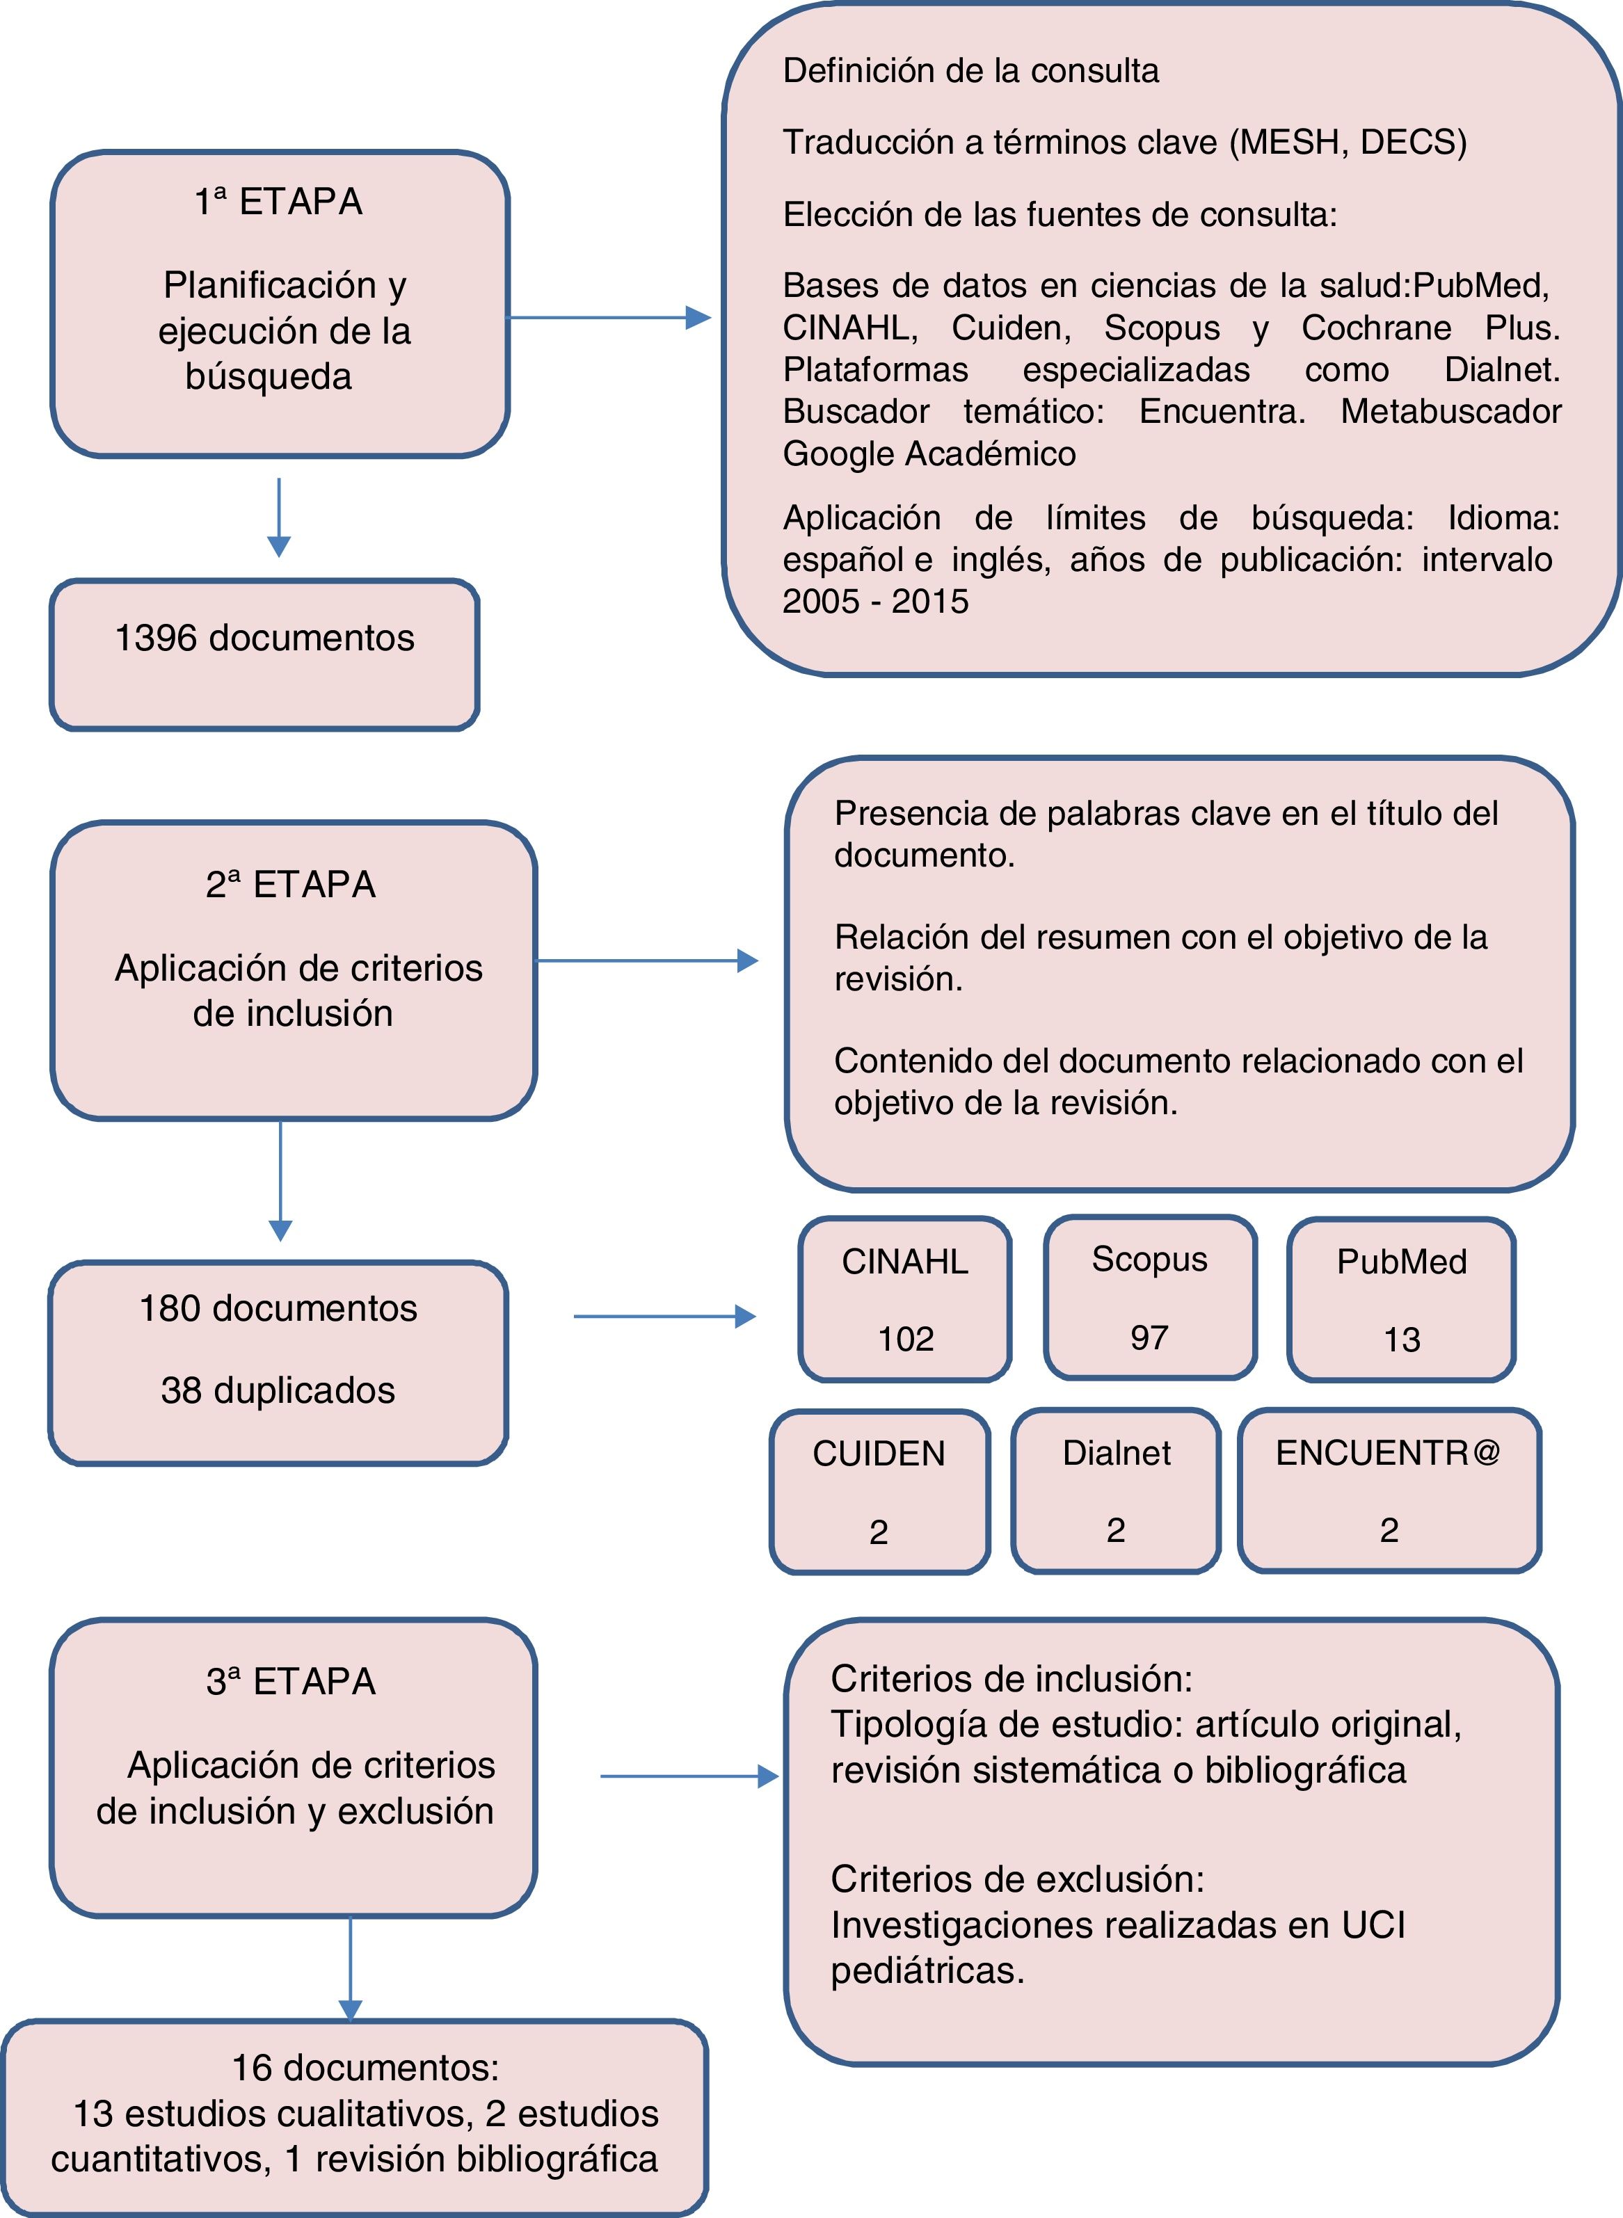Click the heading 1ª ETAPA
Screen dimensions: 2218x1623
point(279,202)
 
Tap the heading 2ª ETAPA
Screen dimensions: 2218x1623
point(291,885)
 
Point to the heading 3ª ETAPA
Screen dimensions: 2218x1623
point(291,1682)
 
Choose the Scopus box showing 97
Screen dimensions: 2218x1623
point(1149,1298)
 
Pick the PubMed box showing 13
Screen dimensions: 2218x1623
point(1401,1299)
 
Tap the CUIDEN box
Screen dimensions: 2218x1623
point(879,1491)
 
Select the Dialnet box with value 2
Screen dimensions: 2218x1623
point(1116,1490)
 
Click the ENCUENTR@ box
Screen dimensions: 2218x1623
point(1388,1489)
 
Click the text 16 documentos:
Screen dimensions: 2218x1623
point(365,2068)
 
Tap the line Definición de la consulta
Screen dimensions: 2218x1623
point(970,71)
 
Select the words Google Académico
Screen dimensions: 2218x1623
point(929,453)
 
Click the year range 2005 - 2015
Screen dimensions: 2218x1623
point(875,601)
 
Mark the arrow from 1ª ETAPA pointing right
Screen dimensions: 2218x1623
point(609,317)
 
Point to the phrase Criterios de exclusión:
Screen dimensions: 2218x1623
point(1017,1879)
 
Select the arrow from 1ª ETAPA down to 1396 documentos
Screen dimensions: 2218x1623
point(279,517)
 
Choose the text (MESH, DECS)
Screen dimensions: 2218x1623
point(1348,143)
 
